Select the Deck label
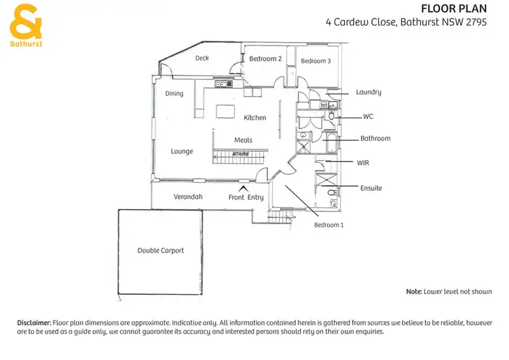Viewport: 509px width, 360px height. [202, 58]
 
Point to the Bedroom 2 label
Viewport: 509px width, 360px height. [265, 59]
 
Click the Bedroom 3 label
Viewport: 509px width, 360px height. [316, 61]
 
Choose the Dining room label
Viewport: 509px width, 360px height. [174, 94]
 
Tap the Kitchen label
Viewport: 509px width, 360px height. [255, 118]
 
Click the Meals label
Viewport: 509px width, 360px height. [243, 140]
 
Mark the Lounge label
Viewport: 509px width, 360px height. [182, 151]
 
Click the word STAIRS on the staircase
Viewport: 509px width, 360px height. [240, 154]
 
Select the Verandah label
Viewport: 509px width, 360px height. [188, 197]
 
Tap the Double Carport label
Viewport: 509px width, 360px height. [161, 251]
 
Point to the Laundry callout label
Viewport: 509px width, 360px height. [369, 92]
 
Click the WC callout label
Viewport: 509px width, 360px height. [369, 116]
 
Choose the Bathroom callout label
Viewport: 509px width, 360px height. [375, 139]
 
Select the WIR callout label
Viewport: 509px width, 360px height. [364, 163]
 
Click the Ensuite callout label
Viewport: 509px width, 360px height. [371, 188]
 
